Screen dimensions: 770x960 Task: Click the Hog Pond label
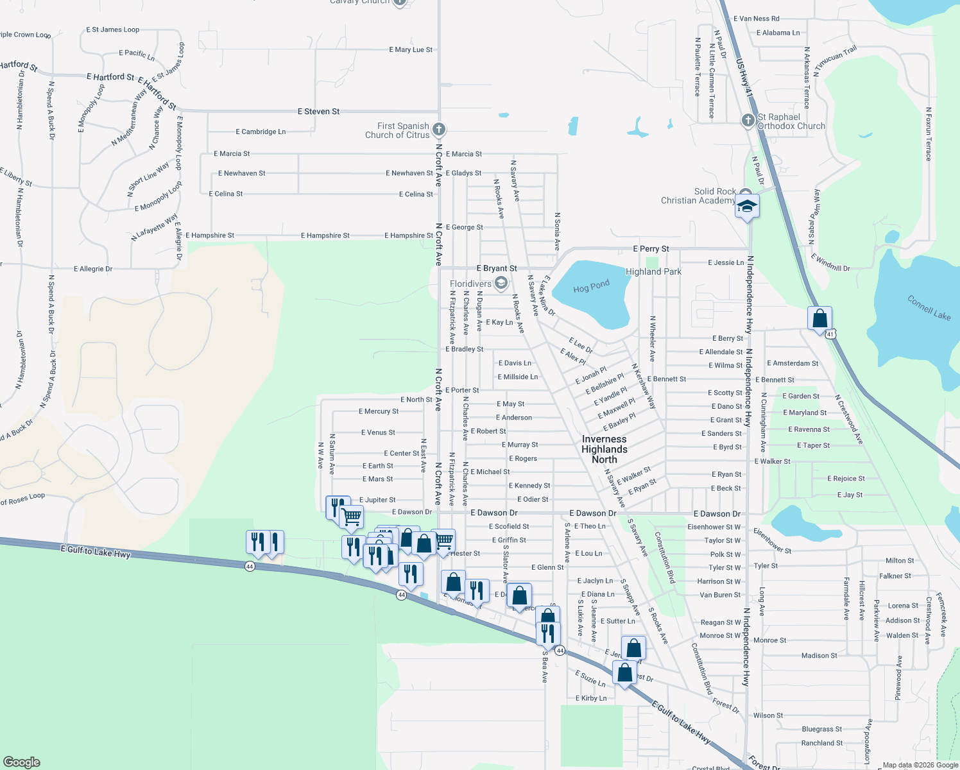click(591, 286)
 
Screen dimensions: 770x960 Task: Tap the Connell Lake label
click(929, 307)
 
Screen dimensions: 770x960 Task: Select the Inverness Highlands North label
click(604, 449)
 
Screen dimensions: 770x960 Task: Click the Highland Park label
click(653, 271)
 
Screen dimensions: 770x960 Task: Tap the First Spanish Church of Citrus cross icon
click(439, 130)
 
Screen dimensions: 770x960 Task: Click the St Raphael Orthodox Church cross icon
click(748, 121)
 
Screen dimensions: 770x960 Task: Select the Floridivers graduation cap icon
click(501, 283)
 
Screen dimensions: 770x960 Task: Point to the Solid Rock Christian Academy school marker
click(747, 207)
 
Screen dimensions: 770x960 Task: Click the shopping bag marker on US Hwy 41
click(819, 318)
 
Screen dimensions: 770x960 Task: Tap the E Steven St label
click(318, 112)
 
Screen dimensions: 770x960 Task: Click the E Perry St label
click(651, 249)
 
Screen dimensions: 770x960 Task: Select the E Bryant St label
click(496, 268)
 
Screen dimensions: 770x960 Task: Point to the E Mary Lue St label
click(411, 50)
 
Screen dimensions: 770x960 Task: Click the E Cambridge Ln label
click(261, 132)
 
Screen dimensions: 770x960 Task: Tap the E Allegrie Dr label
click(93, 269)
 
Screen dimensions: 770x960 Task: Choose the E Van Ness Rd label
click(756, 19)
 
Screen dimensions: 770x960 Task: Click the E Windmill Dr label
click(830, 262)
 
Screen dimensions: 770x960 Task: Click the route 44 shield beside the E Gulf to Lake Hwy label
click(250, 567)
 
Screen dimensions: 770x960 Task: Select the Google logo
click(22, 762)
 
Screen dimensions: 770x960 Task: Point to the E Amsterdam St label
click(793, 363)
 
